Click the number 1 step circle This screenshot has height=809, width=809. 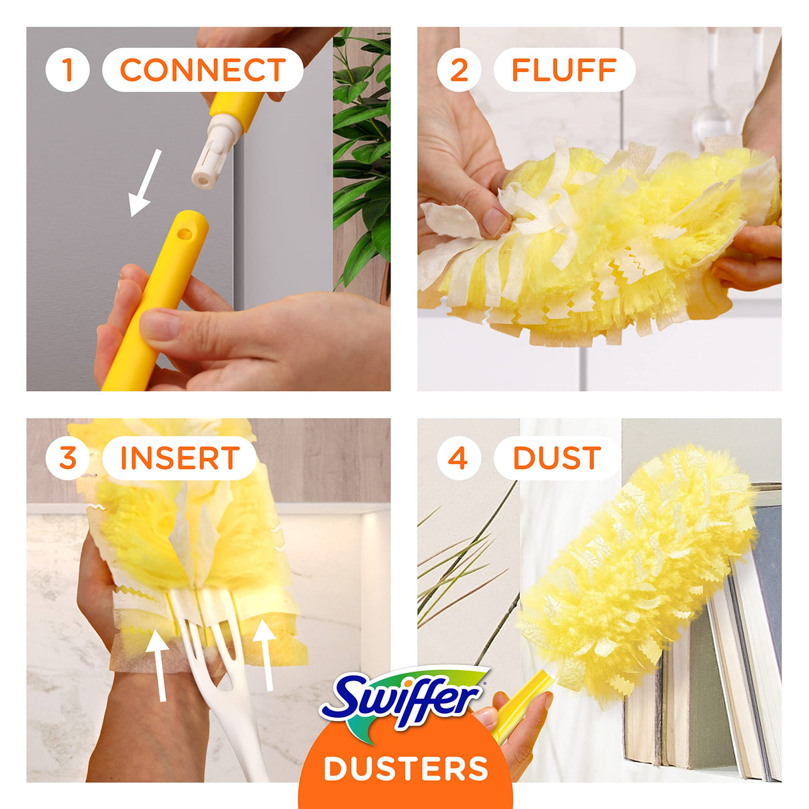[67, 70]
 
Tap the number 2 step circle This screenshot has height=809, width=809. [458, 70]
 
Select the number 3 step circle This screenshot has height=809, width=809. [67, 458]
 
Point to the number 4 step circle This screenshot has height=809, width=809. [458, 458]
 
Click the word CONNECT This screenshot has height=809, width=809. [203, 70]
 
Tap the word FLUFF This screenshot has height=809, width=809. [564, 70]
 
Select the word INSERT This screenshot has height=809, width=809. [180, 458]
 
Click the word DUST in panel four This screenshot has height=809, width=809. [556, 458]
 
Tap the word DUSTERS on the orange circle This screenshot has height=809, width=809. [406, 768]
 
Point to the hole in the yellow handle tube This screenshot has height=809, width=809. [186, 233]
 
